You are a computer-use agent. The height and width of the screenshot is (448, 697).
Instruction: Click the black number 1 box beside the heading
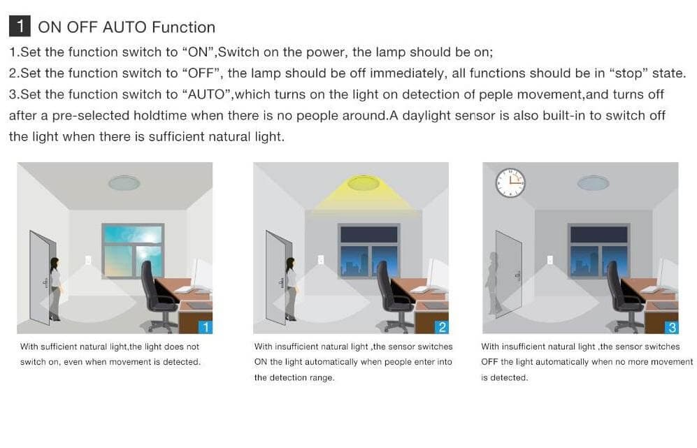tap(20, 27)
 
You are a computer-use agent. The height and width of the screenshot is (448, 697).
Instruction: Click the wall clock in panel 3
tap(510, 182)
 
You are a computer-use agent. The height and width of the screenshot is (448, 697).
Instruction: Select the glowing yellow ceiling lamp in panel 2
tap(363, 182)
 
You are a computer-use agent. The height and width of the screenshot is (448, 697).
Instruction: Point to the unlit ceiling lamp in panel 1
tap(124, 182)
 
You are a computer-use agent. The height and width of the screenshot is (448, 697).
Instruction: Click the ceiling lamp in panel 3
tap(593, 182)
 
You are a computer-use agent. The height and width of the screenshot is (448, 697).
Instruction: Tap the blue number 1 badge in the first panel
tap(206, 327)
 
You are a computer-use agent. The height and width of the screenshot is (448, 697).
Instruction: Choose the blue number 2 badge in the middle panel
tap(441, 327)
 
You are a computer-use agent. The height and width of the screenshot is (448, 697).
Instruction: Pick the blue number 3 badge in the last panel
tap(671, 327)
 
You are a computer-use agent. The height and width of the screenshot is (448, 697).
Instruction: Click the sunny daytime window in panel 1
tap(133, 251)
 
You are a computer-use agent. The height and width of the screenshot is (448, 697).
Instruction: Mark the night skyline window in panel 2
tap(369, 251)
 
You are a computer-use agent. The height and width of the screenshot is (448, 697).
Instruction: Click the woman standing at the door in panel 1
tap(55, 289)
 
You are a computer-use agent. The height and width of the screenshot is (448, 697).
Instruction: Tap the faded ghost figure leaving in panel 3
tap(494, 284)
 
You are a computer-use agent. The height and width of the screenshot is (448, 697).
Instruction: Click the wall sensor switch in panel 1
tap(88, 260)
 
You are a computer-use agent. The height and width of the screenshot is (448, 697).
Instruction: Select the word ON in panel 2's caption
tap(261, 362)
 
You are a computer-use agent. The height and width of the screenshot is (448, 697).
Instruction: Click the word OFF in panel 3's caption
tap(489, 362)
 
